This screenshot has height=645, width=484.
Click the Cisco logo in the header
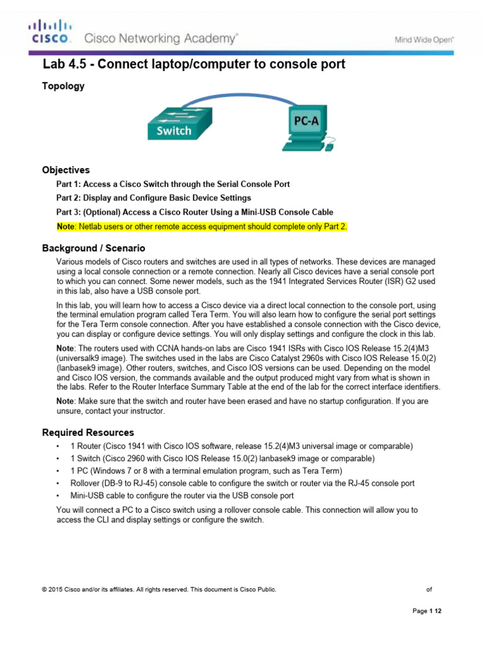coord(50,33)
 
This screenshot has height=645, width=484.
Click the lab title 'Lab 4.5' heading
coord(193,64)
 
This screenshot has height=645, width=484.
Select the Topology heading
coord(63,86)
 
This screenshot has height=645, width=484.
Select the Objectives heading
coord(66,170)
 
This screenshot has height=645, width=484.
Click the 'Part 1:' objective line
coord(173,184)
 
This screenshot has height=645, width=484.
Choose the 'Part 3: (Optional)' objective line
coord(195,212)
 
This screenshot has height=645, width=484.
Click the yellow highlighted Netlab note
coord(202,226)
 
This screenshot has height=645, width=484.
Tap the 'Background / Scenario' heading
coord(93,248)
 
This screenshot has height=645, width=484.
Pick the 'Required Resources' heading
coord(88,433)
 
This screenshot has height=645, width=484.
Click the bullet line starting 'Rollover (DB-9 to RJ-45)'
coord(243,483)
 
